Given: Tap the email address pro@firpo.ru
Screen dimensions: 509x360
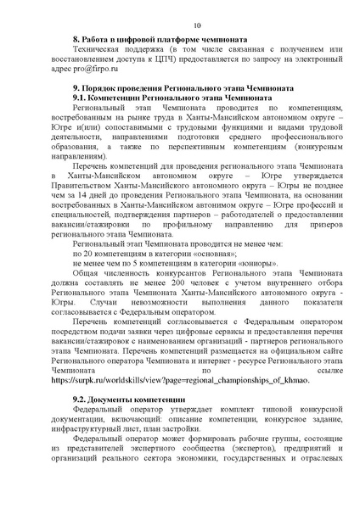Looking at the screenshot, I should click(93, 67).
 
